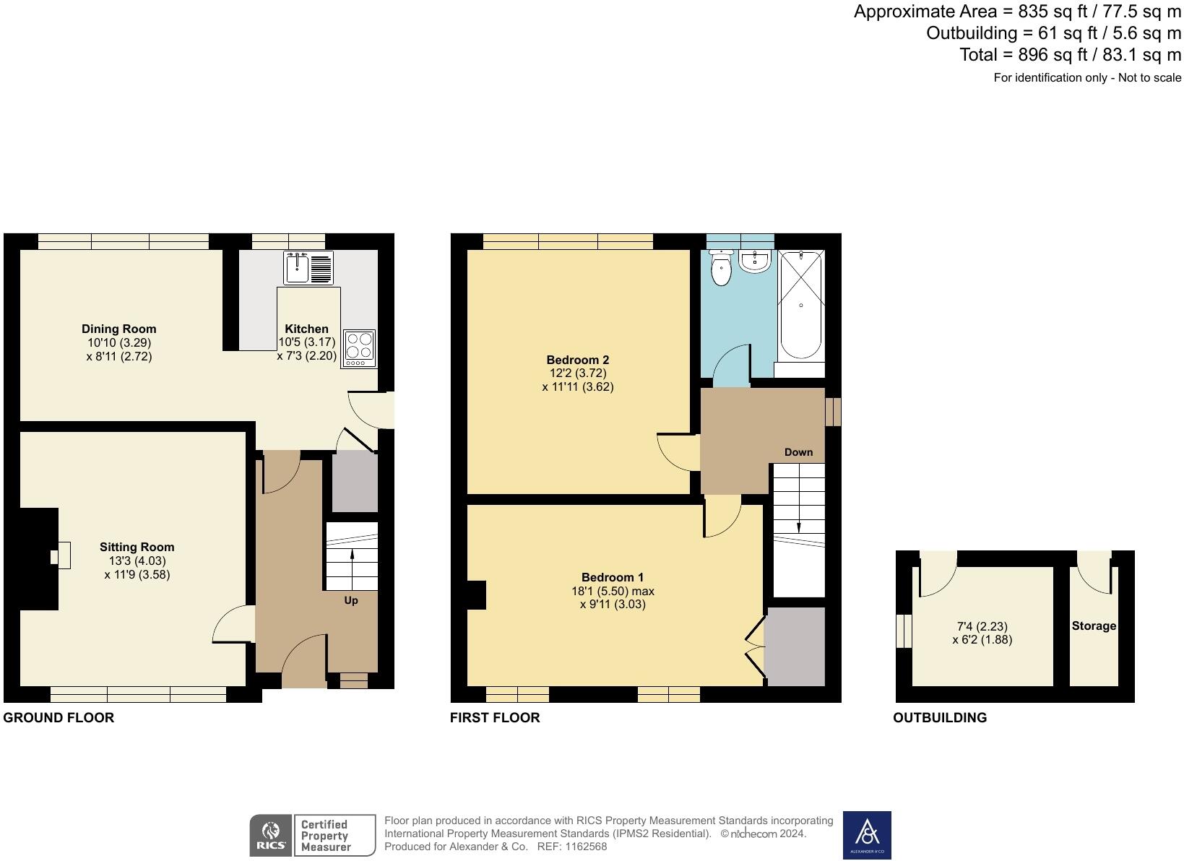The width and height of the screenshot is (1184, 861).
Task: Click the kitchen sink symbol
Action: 308,268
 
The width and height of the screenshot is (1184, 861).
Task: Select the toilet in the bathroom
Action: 721,268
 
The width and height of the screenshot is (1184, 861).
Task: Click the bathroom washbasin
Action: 755,261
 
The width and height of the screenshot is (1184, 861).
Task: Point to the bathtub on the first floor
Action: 800,305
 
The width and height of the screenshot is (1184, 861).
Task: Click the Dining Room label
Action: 118,329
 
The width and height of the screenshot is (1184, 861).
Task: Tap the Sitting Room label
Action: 137,547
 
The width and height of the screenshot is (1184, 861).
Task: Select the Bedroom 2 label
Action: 578,360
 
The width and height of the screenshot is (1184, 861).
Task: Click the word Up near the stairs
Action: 351,600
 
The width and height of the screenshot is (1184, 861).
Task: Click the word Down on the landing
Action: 798,452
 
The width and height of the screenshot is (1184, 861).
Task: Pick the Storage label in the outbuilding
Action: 1094,626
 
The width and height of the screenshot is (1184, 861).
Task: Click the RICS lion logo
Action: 271,836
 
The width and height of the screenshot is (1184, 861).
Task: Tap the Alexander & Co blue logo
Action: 867,835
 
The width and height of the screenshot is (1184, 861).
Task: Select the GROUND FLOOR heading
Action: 59,718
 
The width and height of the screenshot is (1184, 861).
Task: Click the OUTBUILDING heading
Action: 940,718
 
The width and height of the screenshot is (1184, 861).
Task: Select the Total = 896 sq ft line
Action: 1070,55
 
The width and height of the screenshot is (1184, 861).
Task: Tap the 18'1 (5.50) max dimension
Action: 613,591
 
